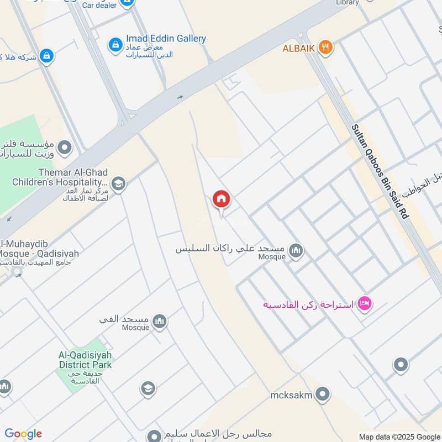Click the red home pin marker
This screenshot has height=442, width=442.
(x=222, y=199)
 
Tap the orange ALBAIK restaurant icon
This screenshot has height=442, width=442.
(x=325, y=48)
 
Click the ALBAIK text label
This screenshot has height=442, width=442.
(x=298, y=48)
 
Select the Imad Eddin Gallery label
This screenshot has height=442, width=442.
(x=166, y=39)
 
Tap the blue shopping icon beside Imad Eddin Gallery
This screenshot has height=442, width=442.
(x=115, y=44)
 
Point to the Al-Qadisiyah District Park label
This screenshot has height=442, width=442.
(x=85, y=360)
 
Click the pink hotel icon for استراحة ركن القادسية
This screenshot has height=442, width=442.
(x=364, y=303)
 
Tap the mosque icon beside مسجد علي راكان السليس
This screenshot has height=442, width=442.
(x=296, y=251)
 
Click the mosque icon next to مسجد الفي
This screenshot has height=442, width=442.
(x=160, y=322)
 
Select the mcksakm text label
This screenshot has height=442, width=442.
(x=291, y=395)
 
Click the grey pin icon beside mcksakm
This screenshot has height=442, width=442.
(x=323, y=394)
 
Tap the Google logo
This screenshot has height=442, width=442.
(x=23, y=434)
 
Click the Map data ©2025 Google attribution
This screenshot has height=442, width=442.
(x=399, y=436)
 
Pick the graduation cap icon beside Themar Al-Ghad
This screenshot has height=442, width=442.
(x=118, y=183)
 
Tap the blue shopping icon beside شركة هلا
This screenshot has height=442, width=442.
(x=46, y=56)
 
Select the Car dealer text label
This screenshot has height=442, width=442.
(x=99, y=5)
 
